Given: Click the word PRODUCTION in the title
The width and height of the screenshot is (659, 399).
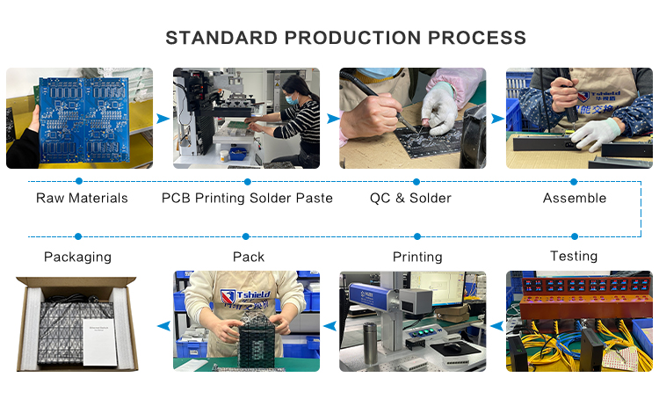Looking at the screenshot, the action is (x=353, y=38).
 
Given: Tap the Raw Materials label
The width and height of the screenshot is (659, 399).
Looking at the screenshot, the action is (x=82, y=198).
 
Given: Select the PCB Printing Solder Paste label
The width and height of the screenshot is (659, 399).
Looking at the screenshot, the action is (x=247, y=198).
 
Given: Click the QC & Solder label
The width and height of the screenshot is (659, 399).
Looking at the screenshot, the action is (x=410, y=198).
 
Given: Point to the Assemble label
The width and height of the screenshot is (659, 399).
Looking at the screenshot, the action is (x=575, y=198).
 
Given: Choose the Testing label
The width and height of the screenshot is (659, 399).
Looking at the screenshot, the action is (x=574, y=256).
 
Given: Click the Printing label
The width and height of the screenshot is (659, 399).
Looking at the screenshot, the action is (x=417, y=257).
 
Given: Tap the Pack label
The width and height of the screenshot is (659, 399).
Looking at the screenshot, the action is (x=249, y=257).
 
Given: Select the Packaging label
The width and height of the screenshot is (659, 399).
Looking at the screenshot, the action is (x=77, y=257).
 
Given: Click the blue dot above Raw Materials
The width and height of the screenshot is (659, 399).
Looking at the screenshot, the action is (x=78, y=181).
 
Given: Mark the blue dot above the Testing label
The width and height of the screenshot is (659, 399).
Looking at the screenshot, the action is (x=575, y=236).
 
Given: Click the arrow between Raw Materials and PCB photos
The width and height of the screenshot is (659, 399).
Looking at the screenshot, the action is (x=163, y=119).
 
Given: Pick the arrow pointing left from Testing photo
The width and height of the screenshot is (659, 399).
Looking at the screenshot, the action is (x=496, y=325).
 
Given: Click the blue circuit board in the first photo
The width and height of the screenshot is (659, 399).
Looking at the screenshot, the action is (x=84, y=120).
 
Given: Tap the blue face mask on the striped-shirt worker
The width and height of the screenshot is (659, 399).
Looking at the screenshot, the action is (x=292, y=99).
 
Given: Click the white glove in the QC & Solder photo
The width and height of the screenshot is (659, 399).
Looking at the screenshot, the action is (x=439, y=110).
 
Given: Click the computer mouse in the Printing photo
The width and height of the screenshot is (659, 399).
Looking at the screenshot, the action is (x=452, y=347).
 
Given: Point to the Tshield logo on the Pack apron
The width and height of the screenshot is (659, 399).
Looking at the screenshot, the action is (x=245, y=297).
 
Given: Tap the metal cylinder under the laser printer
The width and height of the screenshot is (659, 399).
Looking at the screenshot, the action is (x=370, y=343).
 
